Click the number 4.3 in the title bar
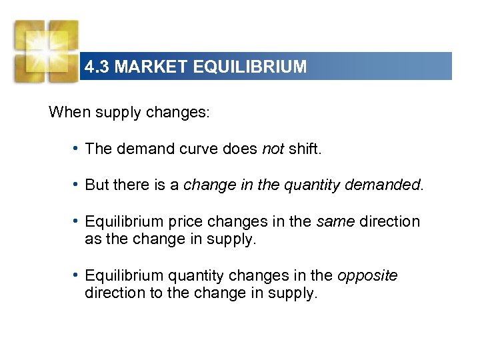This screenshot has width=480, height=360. tap(97, 67)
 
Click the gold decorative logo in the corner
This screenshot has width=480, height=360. tap(46, 50)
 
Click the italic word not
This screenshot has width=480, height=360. tap(273, 149)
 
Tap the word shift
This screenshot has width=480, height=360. tap(305, 149)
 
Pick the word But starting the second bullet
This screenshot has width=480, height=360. tap(97, 185)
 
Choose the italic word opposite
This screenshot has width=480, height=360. tap(367, 276)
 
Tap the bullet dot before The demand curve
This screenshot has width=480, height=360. tap(79, 148)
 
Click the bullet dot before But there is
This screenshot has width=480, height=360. tap(79, 184)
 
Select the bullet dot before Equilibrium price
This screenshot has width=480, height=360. tap(79, 221)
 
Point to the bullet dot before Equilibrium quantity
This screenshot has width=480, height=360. tap(79, 275)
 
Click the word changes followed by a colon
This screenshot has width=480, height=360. tap(180, 112)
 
